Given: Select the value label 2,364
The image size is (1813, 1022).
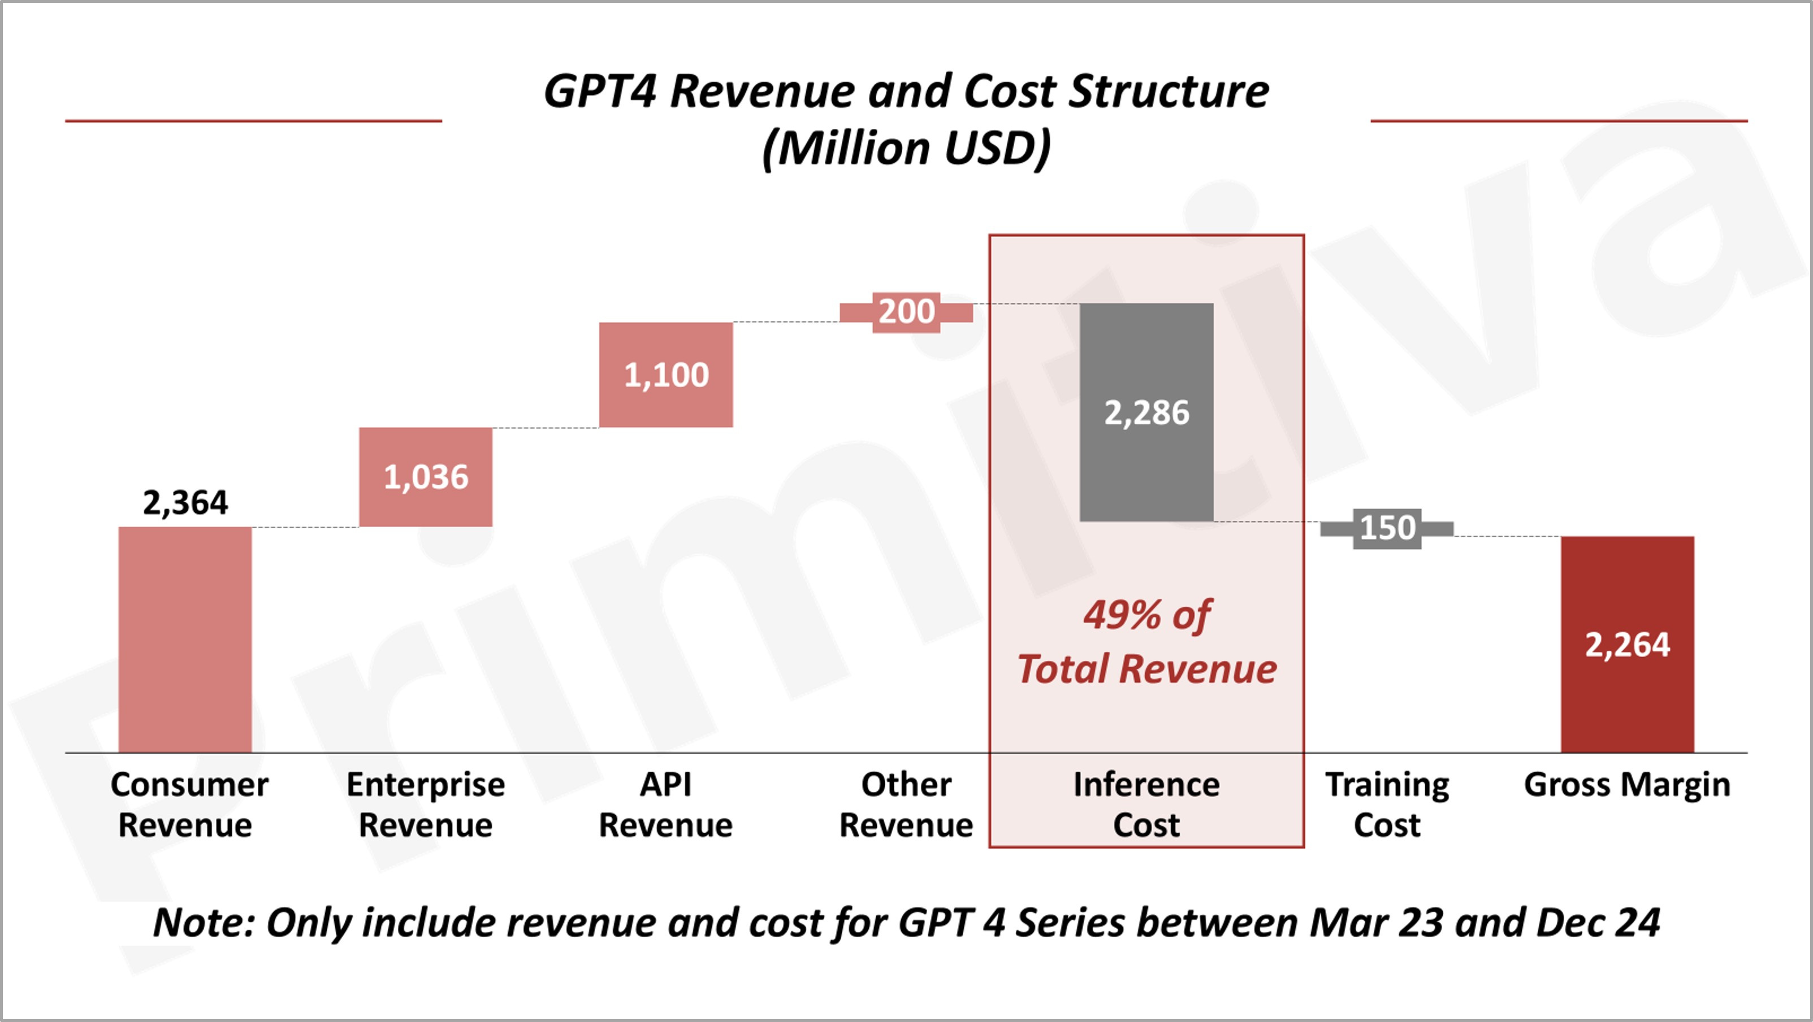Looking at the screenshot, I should coord(185,502).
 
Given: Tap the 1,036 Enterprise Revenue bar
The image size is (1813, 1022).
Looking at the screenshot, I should coord(426,477).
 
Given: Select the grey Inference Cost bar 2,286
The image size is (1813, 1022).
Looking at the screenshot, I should coord(1146,412).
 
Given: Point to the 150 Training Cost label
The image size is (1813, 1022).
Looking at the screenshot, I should coord(1387,528).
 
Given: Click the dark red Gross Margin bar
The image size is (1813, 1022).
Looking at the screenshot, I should coord(1627,643).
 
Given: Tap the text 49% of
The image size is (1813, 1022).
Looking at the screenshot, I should coord(1146,615).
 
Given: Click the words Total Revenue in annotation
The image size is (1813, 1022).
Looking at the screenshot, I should coord(1146,669).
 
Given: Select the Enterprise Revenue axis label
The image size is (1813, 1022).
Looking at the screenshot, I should coord(425,804).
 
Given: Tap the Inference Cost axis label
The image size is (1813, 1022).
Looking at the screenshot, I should coord(1146,804).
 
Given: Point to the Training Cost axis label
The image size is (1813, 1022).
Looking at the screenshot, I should coord(1387,804).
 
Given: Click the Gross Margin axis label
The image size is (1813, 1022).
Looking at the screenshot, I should coord(1626,785).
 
